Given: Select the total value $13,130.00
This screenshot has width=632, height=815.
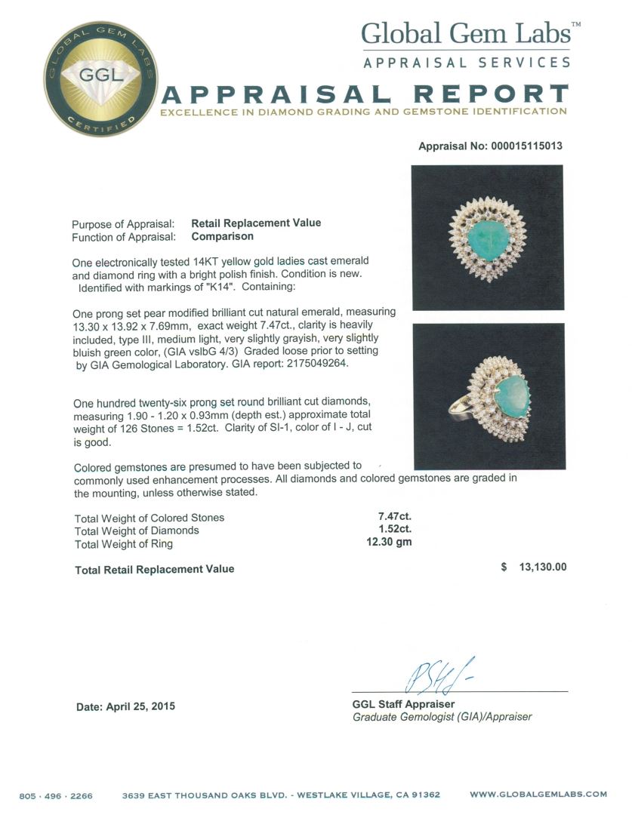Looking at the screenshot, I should pyautogui.click(x=534, y=567).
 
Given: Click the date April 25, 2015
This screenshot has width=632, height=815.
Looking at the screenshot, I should pyautogui.click(x=125, y=706).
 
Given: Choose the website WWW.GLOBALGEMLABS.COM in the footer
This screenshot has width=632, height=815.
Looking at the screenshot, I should pyautogui.click(x=538, y=794).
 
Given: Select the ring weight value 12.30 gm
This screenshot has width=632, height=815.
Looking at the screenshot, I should pyautogui.click(x=385, y=543).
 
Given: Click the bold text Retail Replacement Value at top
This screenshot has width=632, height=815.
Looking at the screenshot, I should pyautogui.click(x=256, y=223).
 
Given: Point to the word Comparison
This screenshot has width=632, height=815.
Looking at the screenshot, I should pyautogui.click(x=223, y=236).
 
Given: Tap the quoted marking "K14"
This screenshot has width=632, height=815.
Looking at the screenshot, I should pyautogui.click(x=214, y=287).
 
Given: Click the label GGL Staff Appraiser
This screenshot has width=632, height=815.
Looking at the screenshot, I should pyautogui.click(x=403, y=704).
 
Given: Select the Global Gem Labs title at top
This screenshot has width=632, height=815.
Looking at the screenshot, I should pyautogui.click(x=465, y=33).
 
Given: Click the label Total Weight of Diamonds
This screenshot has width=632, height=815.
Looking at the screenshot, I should pyautogui.click(x=137, y=531).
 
